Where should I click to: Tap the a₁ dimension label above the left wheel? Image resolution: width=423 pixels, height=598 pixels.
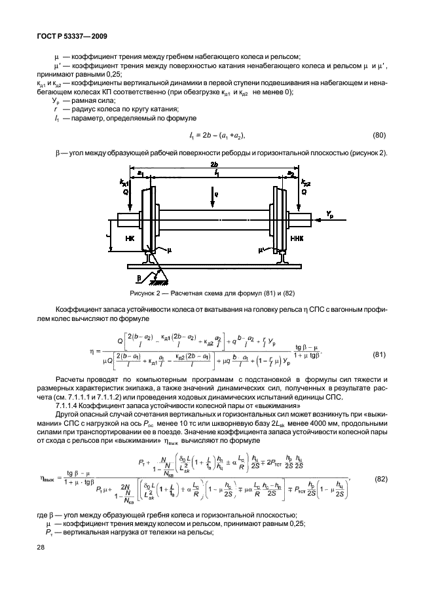coord(139,171)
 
